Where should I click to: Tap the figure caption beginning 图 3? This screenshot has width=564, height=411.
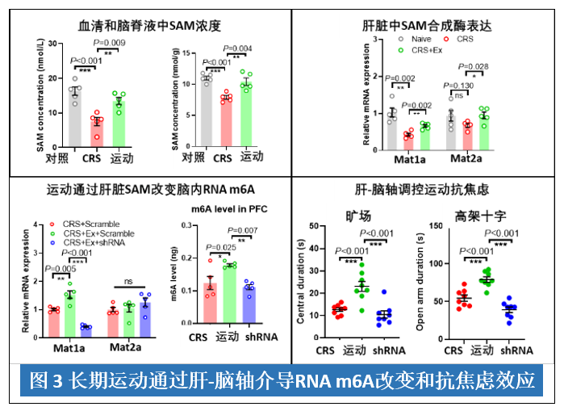click(282, 380)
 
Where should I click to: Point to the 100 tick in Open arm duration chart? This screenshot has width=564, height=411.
click(433, 263)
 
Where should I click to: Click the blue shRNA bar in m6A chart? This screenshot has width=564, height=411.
click(249, 305)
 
